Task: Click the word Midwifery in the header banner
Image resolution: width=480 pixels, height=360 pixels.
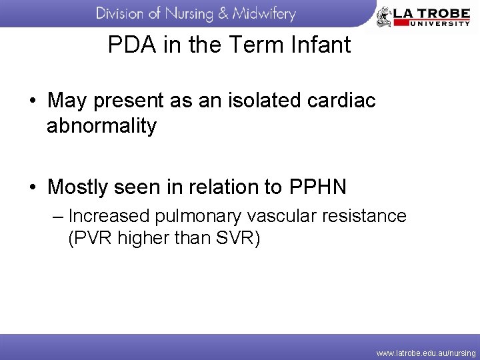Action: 264,13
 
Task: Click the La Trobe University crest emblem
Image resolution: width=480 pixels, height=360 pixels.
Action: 384,16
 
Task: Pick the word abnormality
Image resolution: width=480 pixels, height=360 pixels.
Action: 101,126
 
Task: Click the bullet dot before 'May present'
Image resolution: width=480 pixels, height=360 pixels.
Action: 33,102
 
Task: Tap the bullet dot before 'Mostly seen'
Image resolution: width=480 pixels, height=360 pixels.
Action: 33,188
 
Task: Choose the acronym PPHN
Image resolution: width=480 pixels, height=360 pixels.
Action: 318,187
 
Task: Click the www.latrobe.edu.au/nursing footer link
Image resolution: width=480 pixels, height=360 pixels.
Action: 426,353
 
